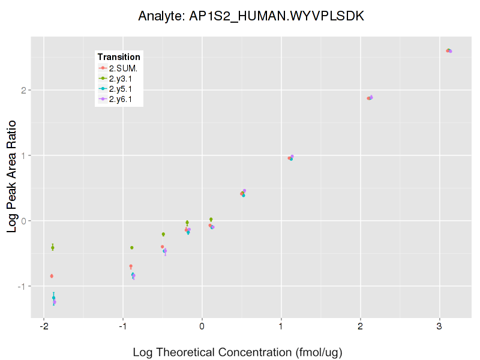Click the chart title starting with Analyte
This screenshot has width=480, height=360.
click(x=251, y=16)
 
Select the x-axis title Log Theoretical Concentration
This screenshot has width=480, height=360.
click(x=237, y=352)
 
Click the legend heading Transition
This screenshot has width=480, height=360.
click(x=119, y=57)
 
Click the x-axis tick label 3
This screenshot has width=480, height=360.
click(x=440, y=327)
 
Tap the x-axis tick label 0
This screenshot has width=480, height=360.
click(x=202, y=327)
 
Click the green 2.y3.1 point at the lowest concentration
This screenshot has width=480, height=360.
click(x=53, y=247)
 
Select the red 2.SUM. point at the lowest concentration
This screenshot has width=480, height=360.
click(x=52, y=276)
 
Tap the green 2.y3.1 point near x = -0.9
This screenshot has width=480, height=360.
click(x=132, y=248)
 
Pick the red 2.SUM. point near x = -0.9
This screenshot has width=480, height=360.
click(x=131, y=266)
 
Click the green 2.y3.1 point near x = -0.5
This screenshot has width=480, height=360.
click(x=163, y=234)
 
